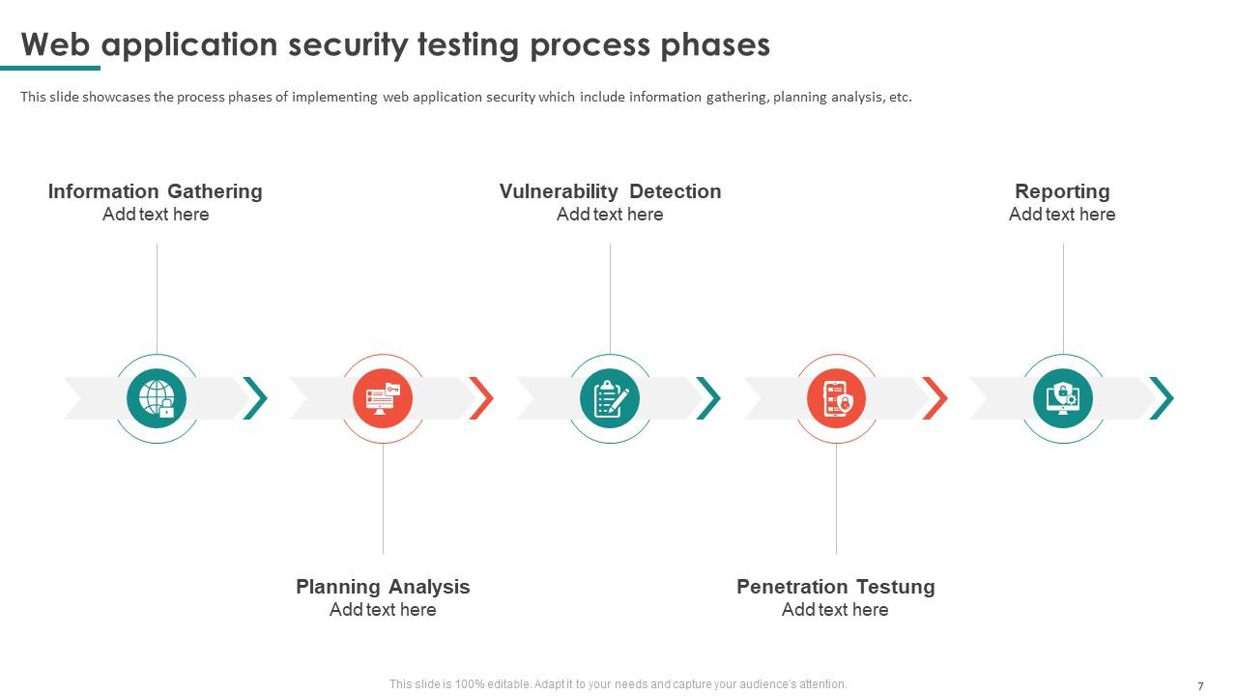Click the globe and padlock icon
click(x=157, y=398)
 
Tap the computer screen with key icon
click(x=383, y=398)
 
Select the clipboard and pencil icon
click(x=610, y=398)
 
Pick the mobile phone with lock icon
click(x=836, y=398)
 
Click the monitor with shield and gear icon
click(x=1062, y=398)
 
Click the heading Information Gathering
click(x=156, y=191)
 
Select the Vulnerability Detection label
click(x=610, y=191)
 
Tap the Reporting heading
click(x=1062, y=191)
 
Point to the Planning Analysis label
click(x=383, y=587)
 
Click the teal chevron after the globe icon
click(x=255, y=398)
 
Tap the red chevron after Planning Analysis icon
click(x=481, y=398)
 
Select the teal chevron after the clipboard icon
click(x=708, y=398)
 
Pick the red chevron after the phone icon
click(x=935, y=398)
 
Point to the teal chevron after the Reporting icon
click(x=1162, y=398)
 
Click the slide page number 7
click(x=1200, y=686)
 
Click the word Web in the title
click(x=55, y=44)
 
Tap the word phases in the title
click(x=715, y=45)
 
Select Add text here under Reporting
click(x=1062, y=215)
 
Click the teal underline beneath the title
click(x=50, y=68)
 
